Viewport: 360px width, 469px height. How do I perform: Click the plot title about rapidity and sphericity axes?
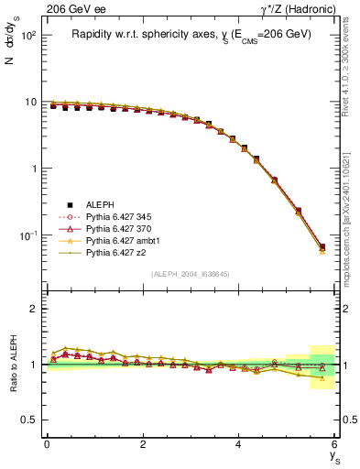click(191, 34)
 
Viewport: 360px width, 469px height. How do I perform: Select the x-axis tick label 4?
click(239, 443)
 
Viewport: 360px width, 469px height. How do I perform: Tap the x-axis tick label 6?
click(335, 443)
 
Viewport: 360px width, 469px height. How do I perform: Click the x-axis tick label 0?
click(47, 443)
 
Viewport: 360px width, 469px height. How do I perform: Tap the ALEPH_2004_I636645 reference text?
click(191, 274)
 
